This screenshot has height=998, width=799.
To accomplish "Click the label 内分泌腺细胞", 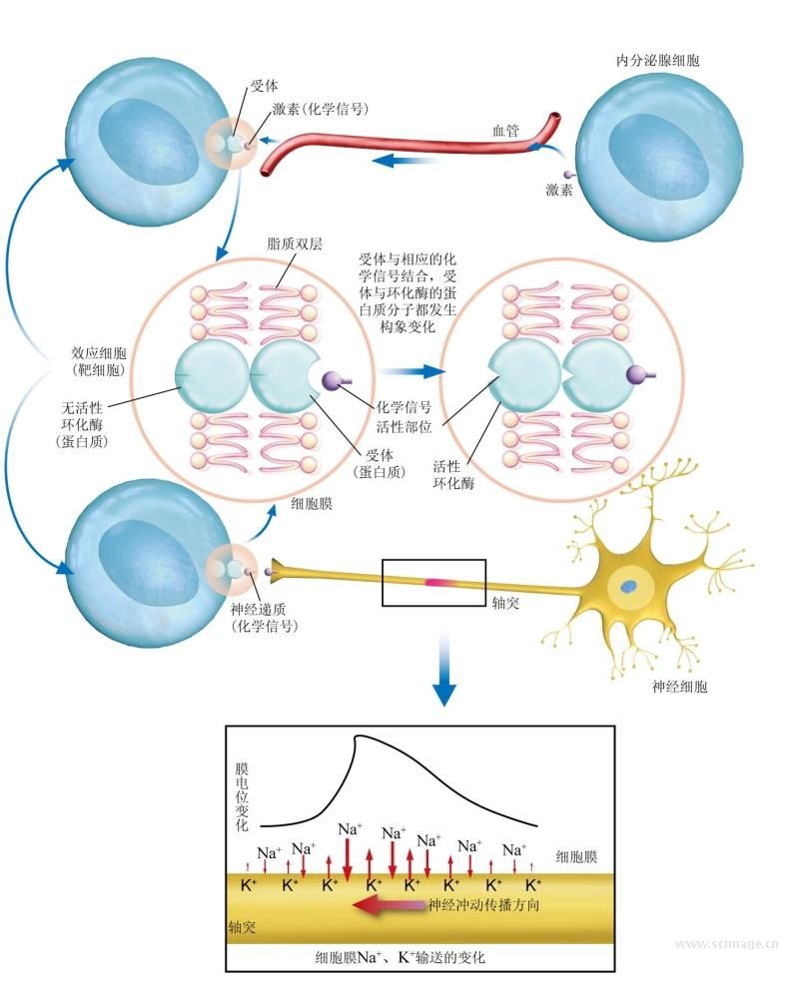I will click(658, 61).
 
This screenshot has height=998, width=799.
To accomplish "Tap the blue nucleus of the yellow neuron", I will click(631, 587).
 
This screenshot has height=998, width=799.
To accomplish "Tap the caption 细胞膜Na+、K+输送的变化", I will click(399, 957).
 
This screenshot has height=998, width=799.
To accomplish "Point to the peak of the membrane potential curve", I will click(358, 739).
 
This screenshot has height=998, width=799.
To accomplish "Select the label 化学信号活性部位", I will click(403, 414).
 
